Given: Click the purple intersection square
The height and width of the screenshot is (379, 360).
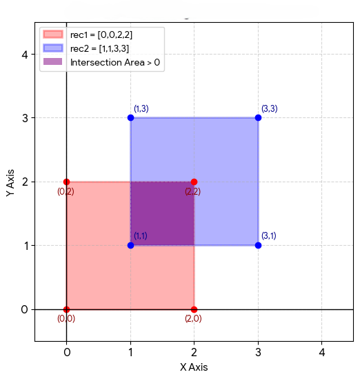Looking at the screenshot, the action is click(x=162, y=214).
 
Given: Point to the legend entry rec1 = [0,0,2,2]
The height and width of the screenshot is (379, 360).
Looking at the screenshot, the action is click(x=101, y=35).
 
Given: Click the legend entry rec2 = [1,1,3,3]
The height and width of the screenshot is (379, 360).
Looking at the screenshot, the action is click(x=99, y=48).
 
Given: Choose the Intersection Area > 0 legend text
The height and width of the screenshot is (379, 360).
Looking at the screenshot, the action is click(x=115, y=62).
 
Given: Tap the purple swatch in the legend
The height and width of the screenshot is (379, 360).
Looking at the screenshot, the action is click(x=53, y=61).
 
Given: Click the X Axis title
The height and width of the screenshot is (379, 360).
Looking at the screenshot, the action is click(x=194, y=367).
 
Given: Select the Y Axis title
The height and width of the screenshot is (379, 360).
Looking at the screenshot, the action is click(x=10, y=183).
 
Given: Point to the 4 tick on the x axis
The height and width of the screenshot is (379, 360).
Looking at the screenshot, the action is click(x=322, y=352).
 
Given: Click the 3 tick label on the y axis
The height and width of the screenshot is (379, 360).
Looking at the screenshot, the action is click(x=25, y=118).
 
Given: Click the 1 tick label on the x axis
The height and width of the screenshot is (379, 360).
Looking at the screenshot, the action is click(x=130, y=352).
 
